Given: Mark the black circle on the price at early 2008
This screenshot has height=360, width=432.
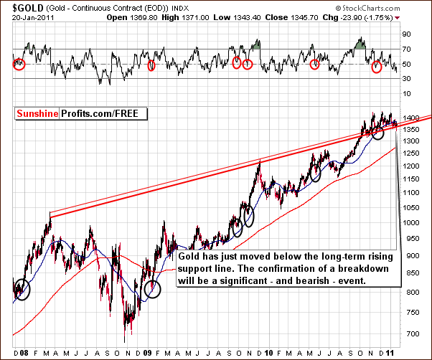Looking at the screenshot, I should coord(22,290).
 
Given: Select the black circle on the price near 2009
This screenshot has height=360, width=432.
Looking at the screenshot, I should coord(152,289).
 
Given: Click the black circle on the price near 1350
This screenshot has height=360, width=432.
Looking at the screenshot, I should coord(383,132).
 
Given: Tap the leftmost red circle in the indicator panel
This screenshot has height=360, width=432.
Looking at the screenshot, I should coord(19,64).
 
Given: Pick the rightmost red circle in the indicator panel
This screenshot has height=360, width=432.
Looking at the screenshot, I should coord(378,67).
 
